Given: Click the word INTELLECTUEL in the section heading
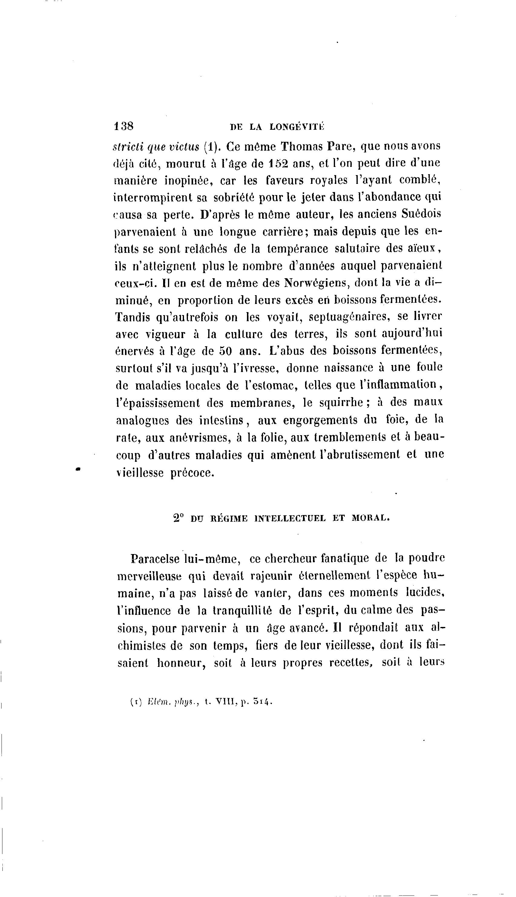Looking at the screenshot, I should [290, 518].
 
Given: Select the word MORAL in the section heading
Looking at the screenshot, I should [370, 518].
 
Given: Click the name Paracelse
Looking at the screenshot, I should [155, 559].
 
